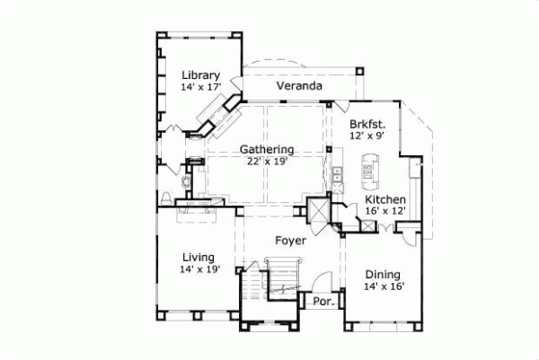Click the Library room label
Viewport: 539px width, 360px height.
point(200,75)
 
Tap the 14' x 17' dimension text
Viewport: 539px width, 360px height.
point(200,88)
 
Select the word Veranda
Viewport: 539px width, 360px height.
point(300,86)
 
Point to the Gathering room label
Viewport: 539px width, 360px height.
point(267,149)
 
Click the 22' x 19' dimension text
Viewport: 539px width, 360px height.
point(267,162)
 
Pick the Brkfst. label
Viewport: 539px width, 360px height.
point(367,124)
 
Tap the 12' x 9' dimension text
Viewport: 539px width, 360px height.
point(367,136)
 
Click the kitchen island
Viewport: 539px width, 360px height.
point(369,166)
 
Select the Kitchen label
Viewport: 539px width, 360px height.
point(385,199)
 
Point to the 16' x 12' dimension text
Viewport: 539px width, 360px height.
point(385,212)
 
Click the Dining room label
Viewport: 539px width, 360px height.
point(383,275)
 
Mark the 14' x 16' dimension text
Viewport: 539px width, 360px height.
point(383,287)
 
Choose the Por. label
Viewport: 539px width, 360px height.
point(323,303)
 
